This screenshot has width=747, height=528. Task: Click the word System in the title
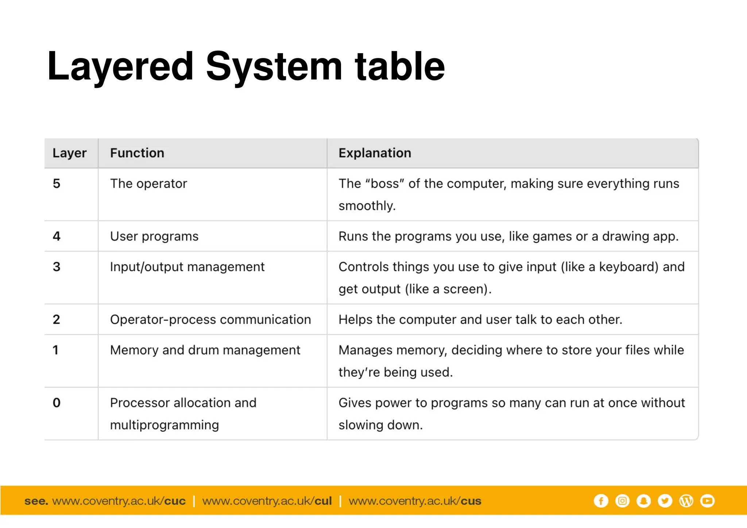tap(274, 67)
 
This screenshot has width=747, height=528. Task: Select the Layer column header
tap(69, 153)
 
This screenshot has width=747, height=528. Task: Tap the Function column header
tap(137, 153)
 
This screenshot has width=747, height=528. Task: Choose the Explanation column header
tap(375, 153)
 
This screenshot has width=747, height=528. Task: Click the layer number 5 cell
tap(57, 183)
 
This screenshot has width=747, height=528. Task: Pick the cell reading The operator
tap(148, 183)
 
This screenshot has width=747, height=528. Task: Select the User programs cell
tap(154, 236)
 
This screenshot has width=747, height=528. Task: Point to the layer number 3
tap(57, 267)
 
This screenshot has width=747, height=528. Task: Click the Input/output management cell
tap(187, 267)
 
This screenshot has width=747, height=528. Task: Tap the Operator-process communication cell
tap(210, 319)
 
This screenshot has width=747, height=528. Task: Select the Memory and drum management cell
tap(205, 350)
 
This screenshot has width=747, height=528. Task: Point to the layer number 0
tap(57, 403)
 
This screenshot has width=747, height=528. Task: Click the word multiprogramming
tap(165, 425)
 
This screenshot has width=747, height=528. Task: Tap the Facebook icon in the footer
tap(601, 501)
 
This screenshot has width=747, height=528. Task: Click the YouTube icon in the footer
tap(707, 501)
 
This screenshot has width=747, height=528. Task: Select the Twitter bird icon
tap(665, 501)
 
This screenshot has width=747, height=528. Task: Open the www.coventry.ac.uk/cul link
tap(267, 501)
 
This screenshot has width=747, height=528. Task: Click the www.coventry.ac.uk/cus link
tap(415, 501)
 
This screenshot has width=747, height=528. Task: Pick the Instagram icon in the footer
tap(622, 501)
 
